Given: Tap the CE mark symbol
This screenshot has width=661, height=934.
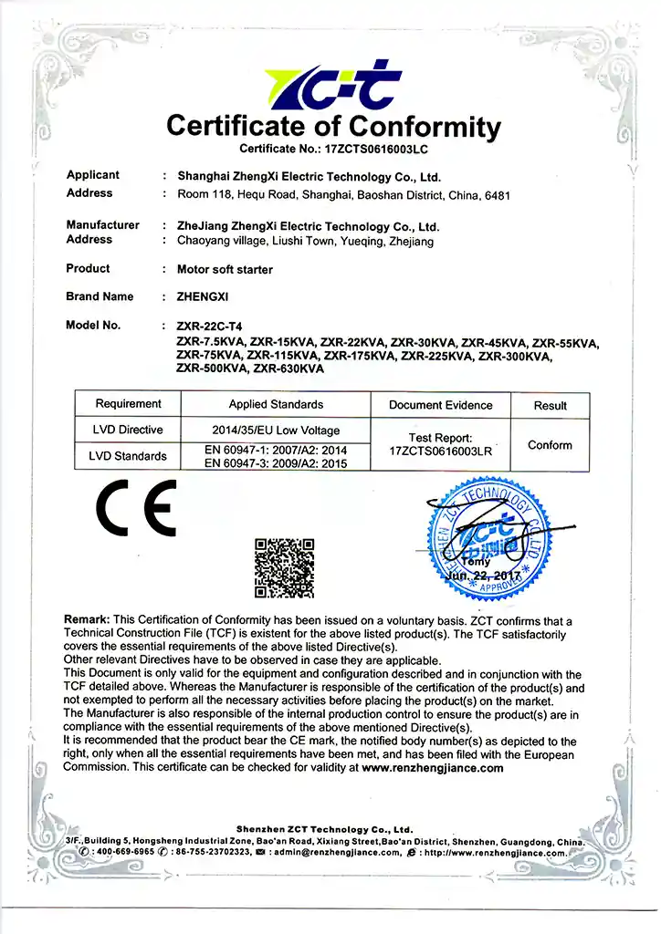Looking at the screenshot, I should pyautogui.click(x=137, y=513).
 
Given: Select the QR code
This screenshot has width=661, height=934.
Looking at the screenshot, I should pyautogui.click(x=284, y=567).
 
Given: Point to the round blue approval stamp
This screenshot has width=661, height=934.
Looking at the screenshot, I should pyautogui.click(x=488, y=542).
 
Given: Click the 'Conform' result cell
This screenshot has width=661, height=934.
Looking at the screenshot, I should pyautogui.click(x=550, y=445).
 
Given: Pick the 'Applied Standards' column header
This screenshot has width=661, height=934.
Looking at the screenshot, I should pyautogui.click(x=276, y=404).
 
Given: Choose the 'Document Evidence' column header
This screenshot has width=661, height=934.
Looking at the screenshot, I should pyautogui.click(x=440, y=405).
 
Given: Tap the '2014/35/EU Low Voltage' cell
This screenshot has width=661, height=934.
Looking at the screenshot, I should pyautogui.click(x=276, y=431).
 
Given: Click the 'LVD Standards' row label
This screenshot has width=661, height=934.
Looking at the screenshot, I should pyautogui.click(x=128, y=456).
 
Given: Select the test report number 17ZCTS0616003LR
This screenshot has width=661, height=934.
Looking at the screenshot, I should pyautogui.click(x=440, y=451).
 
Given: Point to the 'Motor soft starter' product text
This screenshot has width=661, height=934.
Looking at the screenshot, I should pyautogui.click(x=225, y=269).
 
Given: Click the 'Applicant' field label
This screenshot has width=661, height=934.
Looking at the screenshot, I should pyautogui.click(x=93, y=175).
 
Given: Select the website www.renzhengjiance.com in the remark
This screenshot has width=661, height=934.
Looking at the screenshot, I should pyautogui.click(x=433, y=768).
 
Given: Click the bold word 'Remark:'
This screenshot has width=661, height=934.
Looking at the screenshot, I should pyautogui.click(x=88, y=620).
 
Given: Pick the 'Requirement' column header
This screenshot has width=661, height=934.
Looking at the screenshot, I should pyautogui.click(x=128, y=404).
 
